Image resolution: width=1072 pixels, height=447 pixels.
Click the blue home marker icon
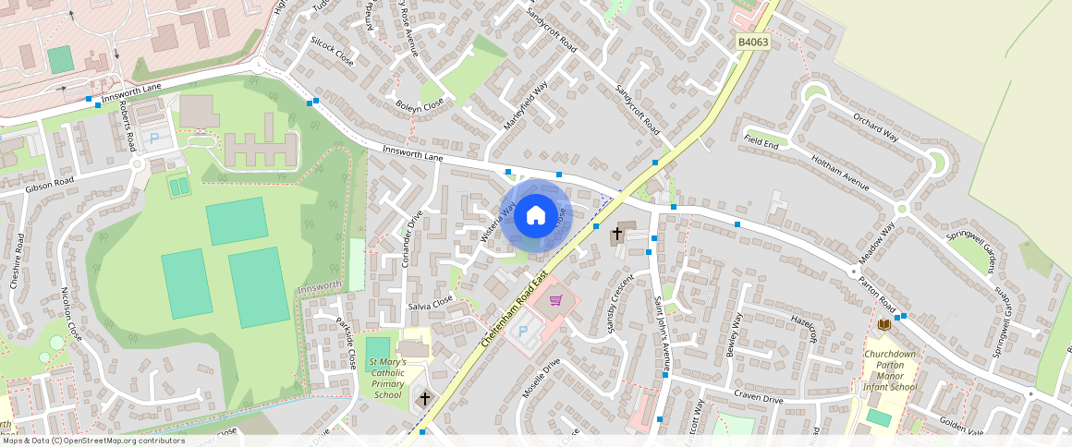click(x=536, y=216)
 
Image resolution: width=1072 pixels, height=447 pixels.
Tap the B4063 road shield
click(x=752, y=42)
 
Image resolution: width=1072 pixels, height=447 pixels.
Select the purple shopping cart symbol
click(x=556, y=299)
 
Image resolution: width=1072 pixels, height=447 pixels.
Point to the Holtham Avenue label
click(x=840, y=173)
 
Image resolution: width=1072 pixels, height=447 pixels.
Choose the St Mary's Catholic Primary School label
click(x=395, y=378)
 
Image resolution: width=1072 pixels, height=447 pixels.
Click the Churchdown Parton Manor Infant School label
click(x=890, y=369)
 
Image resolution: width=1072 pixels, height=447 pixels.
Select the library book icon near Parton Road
click(x=884, y=324)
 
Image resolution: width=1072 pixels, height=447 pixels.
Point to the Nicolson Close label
click(x=71, y=313)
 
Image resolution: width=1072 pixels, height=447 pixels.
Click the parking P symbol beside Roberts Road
click(x=154, y=139)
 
